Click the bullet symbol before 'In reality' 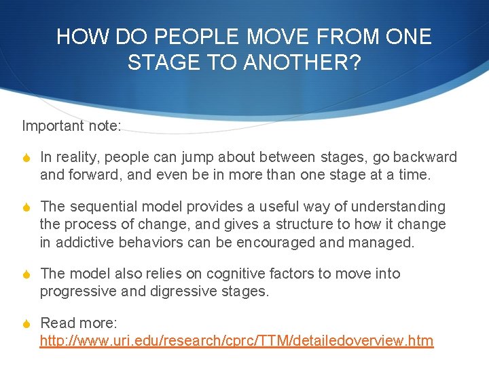tap(26, 158)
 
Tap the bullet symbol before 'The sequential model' tap(26, 207)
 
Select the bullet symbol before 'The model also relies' tap(26, 274)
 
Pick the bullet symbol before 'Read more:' tap(26, 323)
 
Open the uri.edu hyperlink tap(236, 341)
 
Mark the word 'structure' tap(285, 224)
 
